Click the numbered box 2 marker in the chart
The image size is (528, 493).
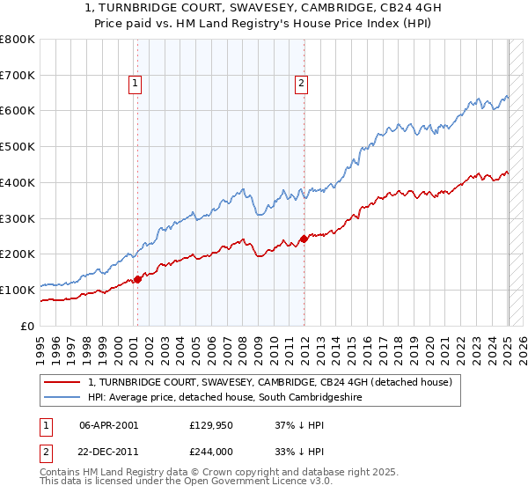[301, 84]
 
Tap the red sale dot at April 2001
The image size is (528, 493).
[137, 279]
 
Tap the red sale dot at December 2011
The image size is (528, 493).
[304, 238]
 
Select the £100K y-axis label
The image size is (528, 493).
[18, 290]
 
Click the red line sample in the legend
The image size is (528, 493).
[63, 382]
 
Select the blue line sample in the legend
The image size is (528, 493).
[63, 397]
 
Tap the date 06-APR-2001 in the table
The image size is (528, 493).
[109, 424]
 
